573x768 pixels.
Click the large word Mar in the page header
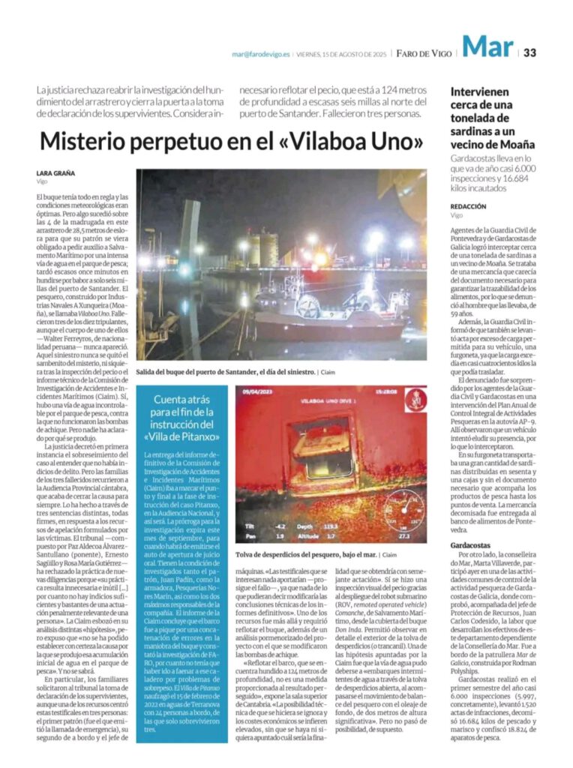tap(487, 48)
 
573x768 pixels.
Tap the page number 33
tap(529, 52)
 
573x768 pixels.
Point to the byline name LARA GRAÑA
tap(55, 173)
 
